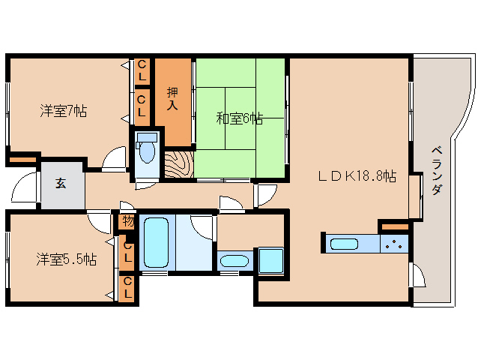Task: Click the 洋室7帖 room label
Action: (64, 111)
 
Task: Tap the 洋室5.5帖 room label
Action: (67, 259)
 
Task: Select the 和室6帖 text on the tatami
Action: (239, 118)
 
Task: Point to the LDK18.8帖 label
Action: (357, 177)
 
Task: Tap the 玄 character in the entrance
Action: (59, 182)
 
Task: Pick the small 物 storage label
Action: (127, 222)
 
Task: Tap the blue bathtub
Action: (156, 242)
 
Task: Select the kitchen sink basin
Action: (345, 244)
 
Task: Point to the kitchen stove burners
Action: (394, 243)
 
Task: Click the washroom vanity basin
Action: (235, 262)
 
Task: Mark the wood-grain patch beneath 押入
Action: (178, 164)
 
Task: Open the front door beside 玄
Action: (24, 187)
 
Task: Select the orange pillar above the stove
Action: (394, 225)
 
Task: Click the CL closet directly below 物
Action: (127, 253)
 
